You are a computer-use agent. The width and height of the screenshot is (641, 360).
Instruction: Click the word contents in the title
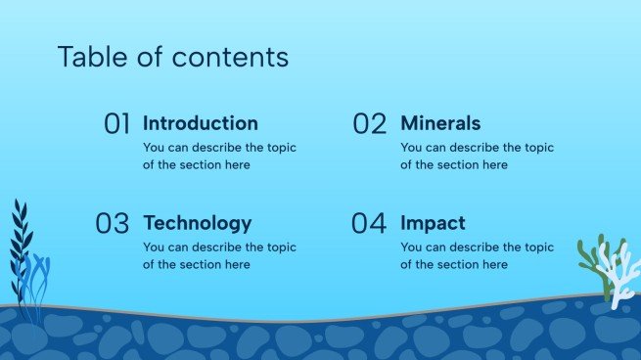click(x=230, y=57)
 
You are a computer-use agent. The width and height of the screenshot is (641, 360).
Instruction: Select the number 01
click(x=117, y=124)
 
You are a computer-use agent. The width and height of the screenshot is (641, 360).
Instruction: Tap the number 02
click(x=370, y=124)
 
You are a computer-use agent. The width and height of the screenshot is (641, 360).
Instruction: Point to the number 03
click(x=113, y=224)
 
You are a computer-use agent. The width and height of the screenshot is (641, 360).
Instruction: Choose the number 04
click(x=369, y=224)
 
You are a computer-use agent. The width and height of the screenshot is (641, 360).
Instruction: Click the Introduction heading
click(x=201, y=123)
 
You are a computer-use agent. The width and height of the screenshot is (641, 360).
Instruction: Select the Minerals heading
click(x=440, y=123)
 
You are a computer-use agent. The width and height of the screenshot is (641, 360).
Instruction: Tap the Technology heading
click(x=197, y=223)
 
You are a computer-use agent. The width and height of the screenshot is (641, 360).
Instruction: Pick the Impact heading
click(x=433, y=223)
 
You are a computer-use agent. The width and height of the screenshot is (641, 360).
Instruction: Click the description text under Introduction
click(x=219, y=157)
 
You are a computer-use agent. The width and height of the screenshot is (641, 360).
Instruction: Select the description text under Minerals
click(x=477, y=157)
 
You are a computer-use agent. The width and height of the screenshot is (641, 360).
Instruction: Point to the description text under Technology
click(x=219, y=256)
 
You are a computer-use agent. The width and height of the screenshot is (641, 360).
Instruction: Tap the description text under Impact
click(x=477, y=256)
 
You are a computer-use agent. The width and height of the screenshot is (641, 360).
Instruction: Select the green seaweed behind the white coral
click(x=587, y=256)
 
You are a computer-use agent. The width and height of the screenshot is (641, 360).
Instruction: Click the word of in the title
click(x=154, y=57)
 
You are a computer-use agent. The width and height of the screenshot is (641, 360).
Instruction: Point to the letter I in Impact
click(x=404, y=223)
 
